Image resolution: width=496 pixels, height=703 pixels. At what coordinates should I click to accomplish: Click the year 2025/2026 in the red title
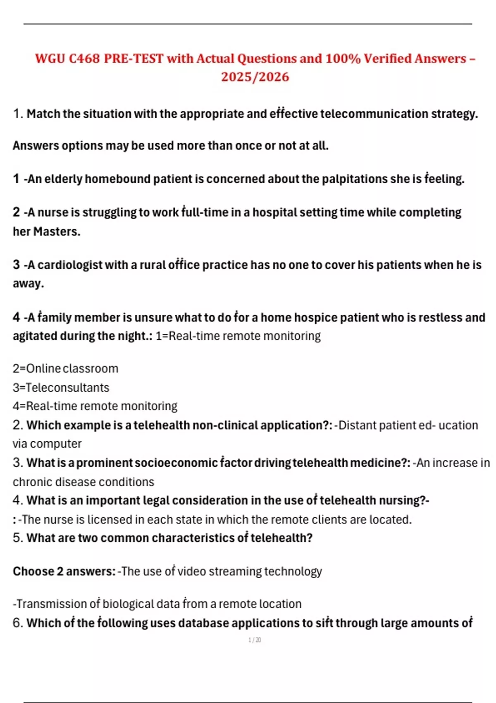pos(255,77)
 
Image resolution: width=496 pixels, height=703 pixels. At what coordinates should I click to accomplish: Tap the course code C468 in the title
pos(84,59)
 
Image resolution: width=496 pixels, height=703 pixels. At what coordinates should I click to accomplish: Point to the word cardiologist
pos(70,265)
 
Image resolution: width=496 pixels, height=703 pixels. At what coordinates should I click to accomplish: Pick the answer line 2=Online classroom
pos(65,368)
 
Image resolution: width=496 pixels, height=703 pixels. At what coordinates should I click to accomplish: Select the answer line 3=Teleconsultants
pos(61,387)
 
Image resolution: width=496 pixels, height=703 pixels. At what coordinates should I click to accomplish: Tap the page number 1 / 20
pos(255,640)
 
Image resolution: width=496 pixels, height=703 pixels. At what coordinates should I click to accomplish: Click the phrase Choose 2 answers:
pos(64,571)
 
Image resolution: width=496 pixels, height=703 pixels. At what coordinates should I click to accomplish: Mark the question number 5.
pos(17,538)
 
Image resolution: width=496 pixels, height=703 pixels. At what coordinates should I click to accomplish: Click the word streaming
pos(235,571)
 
